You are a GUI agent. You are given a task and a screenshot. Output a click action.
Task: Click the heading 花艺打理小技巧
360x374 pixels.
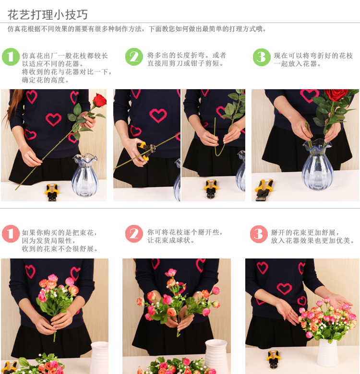click(x=48, y=15)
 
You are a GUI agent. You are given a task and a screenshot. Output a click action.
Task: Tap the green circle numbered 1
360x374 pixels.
click(x=11, y=57)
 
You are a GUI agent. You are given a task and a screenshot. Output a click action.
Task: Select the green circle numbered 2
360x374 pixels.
click(x=134, y=57)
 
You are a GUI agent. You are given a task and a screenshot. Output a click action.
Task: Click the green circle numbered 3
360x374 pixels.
click(x=262, y=57)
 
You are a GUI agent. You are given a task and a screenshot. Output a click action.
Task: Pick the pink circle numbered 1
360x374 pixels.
click(x=11, y=234)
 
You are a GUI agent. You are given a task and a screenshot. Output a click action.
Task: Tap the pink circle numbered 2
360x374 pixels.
click(x=134, y=234)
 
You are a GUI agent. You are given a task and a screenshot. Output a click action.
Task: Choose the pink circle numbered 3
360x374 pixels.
click(x=259, y=234)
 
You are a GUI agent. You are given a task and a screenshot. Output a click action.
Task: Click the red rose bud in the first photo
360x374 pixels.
click(x=99, y=100)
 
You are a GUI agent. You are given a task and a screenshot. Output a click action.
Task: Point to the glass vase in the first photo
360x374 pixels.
click(x=85, y=175)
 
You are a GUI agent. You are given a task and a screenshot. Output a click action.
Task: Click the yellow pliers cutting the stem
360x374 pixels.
click(x=146, y=150)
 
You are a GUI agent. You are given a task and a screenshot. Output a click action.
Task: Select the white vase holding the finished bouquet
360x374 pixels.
click(x=327, y=352)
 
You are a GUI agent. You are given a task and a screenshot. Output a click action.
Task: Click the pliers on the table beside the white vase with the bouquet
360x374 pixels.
click(x=274, y=359)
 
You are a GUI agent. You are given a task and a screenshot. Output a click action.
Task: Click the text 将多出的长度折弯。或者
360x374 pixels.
click(x=186, y=55)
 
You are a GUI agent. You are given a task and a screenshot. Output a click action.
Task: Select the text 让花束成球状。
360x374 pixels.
click(x=171, y=240)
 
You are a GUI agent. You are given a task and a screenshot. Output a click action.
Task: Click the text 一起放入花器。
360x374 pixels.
click(x=298, y=64)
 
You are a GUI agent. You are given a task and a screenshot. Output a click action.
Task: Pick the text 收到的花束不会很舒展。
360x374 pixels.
click(x=60, y=249)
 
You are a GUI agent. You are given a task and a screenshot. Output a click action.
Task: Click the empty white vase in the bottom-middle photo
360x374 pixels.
click(x=216, y=355)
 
